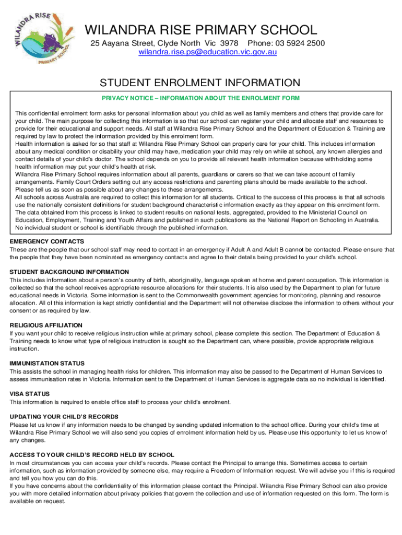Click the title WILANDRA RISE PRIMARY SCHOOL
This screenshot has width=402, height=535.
click(200, 30)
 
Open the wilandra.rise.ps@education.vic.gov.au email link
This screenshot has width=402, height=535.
click(207, 52)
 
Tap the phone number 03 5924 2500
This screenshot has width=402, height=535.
click(302, 43)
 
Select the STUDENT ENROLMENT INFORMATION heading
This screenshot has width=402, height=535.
click(200, 83)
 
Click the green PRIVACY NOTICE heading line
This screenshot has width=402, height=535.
click(200, 98)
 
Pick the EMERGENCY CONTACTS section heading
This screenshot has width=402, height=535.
click(47, 242)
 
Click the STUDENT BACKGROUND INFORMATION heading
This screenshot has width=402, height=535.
click(69, 272)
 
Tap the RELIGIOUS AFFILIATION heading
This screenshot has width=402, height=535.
click(46, 325)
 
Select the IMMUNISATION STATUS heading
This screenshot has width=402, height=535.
click(47, 363)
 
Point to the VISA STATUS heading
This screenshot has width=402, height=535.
click(30, 394)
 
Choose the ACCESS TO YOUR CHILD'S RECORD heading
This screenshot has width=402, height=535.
click(92, 455)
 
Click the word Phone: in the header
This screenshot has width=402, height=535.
click(259, 43)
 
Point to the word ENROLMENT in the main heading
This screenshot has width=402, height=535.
click(173, 83)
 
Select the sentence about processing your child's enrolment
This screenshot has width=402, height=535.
click(120, 402)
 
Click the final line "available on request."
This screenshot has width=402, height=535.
click(38, 501)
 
